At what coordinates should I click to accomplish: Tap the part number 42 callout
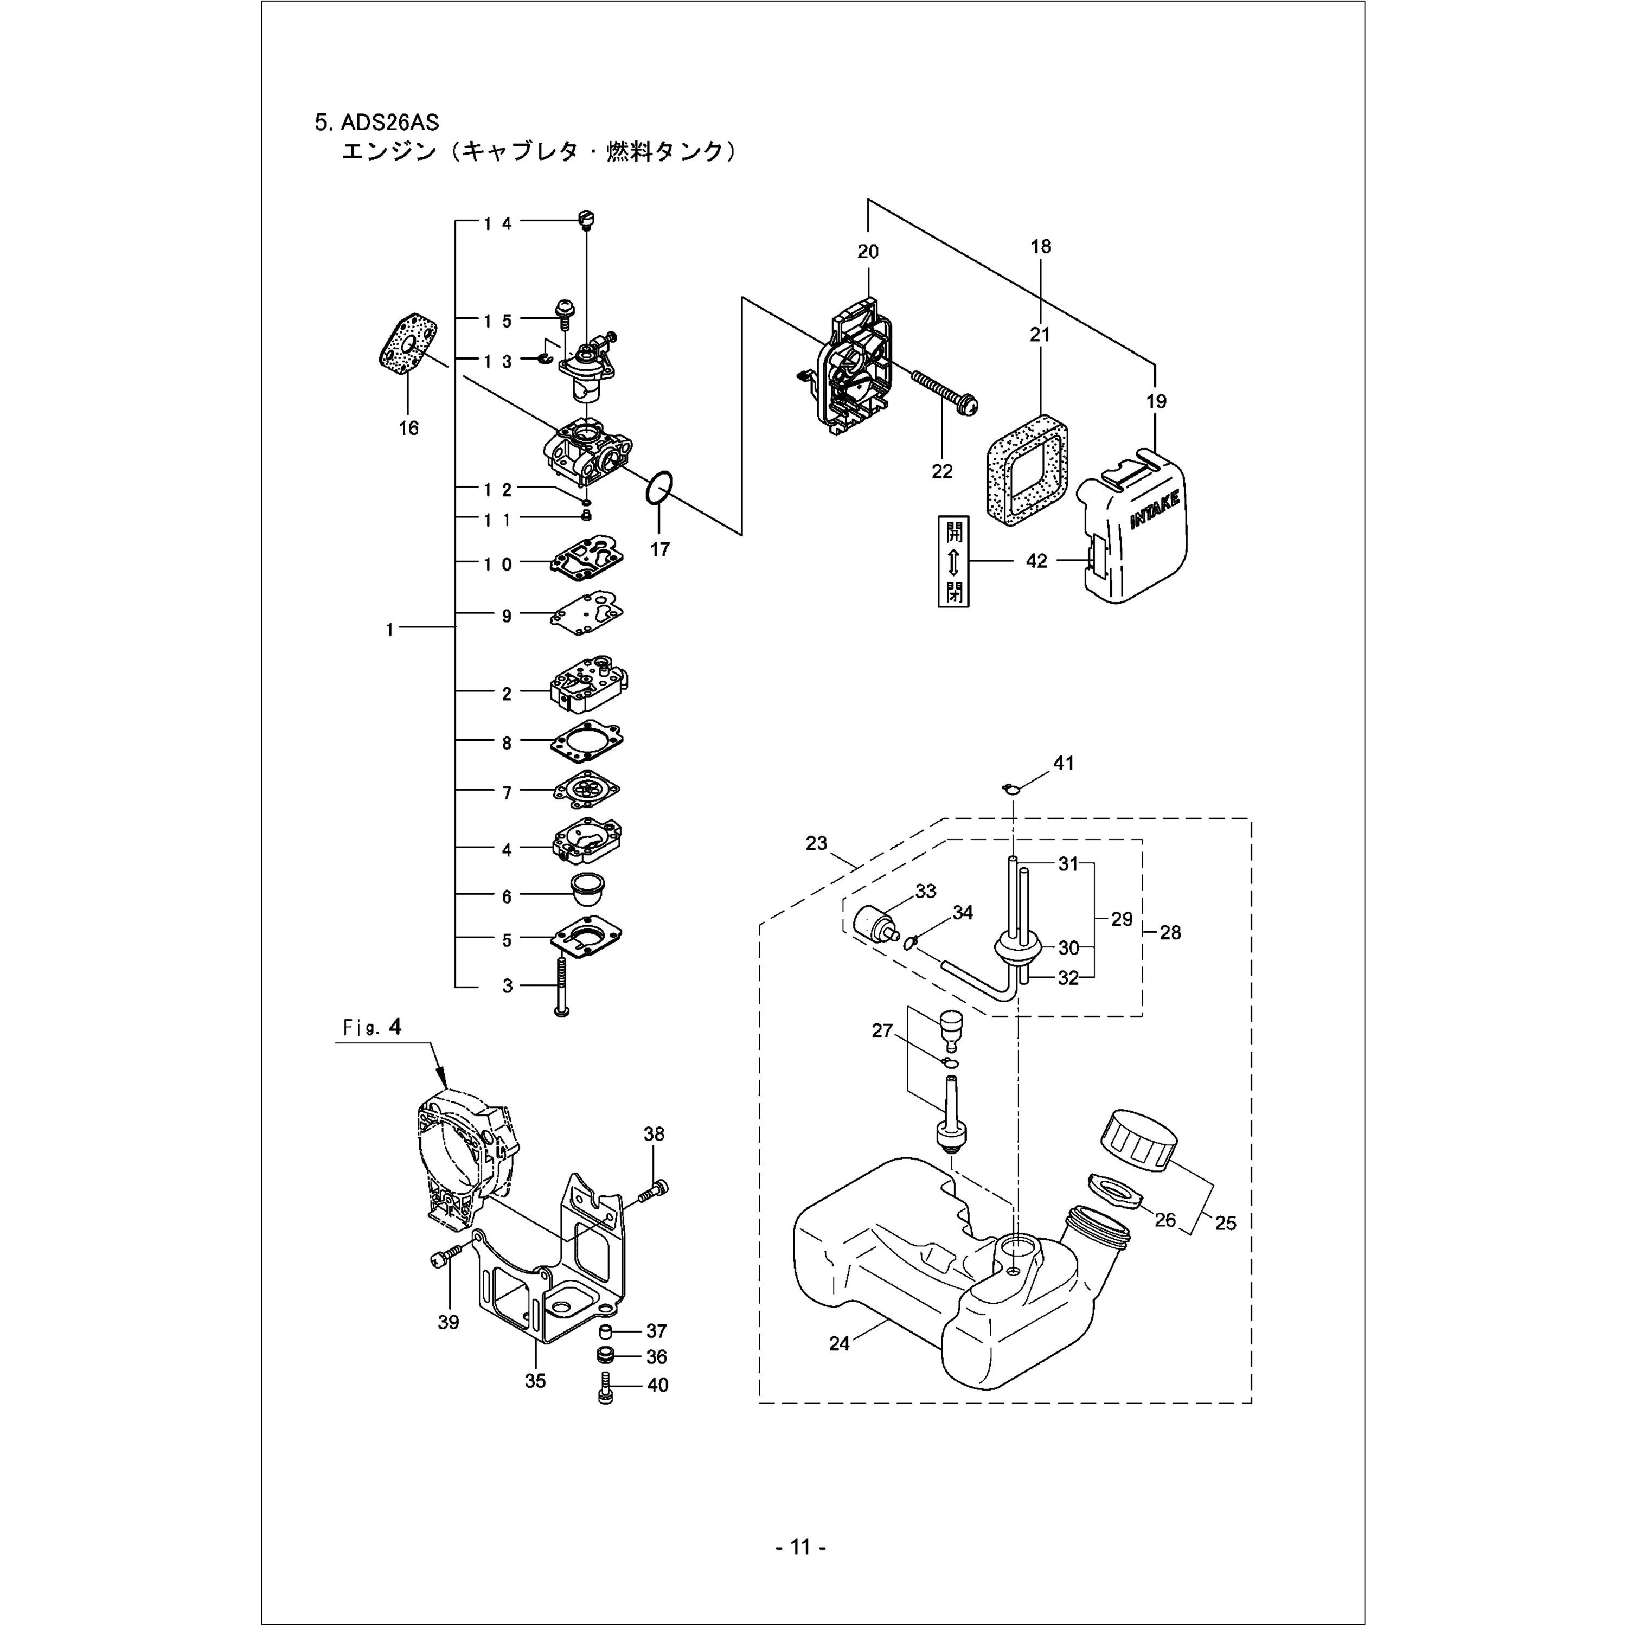point(1036,561)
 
